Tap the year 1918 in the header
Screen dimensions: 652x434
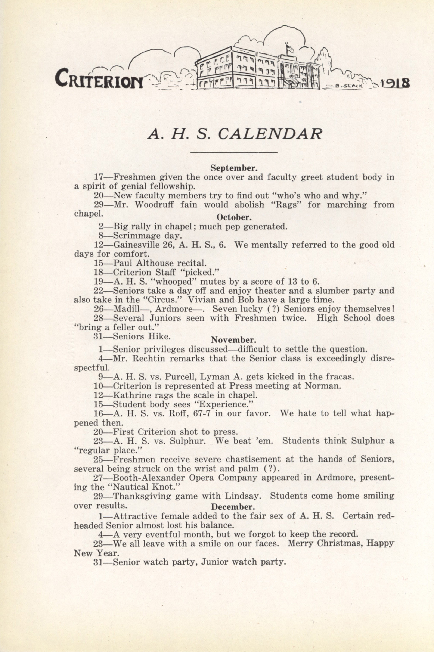pos(395,83)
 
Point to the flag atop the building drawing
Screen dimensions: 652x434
pos(289,49)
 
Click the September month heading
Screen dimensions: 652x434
pos(234,168)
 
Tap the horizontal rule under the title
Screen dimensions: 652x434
pos(234,152)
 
